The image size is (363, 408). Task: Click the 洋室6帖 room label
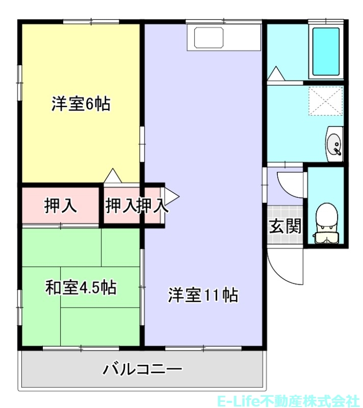click(x=81, y=105)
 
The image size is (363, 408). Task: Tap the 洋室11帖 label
click(x=203, y=295)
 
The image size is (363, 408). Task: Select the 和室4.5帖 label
click(x=81, y=288)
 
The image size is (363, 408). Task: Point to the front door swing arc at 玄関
click(x=283, y=268)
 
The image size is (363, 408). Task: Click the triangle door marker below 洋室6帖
click(x=113, y=176)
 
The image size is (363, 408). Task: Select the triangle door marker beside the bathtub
click(x=276, y=74)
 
